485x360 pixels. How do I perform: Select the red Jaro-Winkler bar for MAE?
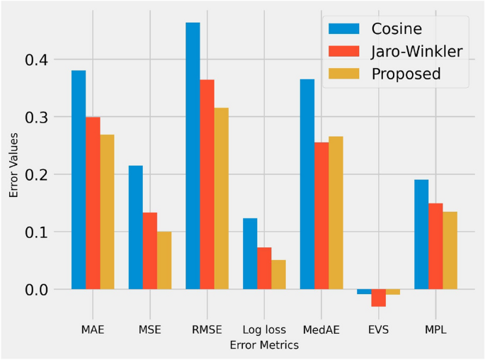coord(93,203)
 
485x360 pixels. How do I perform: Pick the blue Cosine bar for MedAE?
coord(307,184)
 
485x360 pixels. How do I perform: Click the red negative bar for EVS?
coord(379,298)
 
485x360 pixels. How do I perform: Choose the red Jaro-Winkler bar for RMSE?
coord(207,184)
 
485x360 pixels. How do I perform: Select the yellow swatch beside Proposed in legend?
coord(342,74)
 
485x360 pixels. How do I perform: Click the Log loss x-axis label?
coord(264,330)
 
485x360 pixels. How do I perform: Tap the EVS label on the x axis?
coord(379,330)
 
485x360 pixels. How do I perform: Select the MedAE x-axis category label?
coord(321,330)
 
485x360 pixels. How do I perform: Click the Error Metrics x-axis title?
coord(264,346)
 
